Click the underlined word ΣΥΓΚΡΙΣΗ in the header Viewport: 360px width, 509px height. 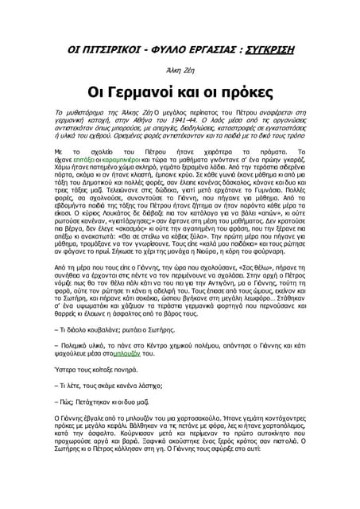click(x=261, y=50)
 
